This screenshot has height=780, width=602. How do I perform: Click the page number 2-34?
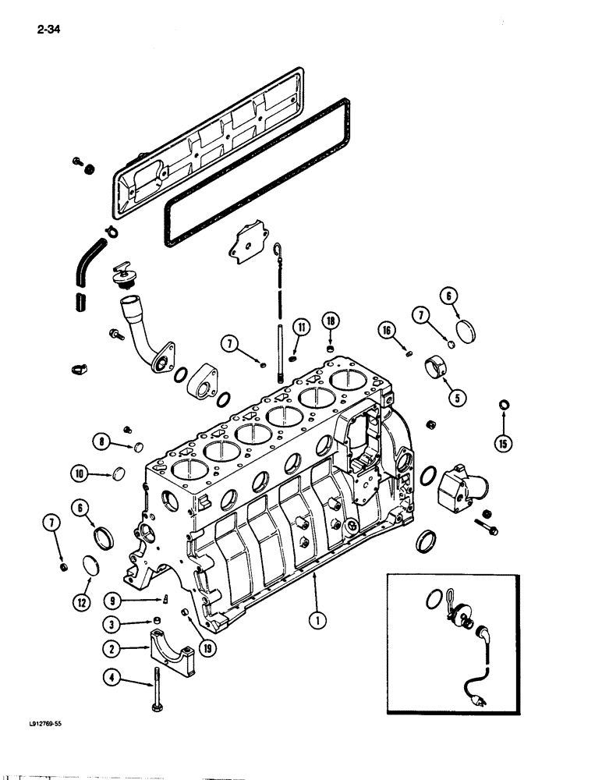(x=48, y=31)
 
